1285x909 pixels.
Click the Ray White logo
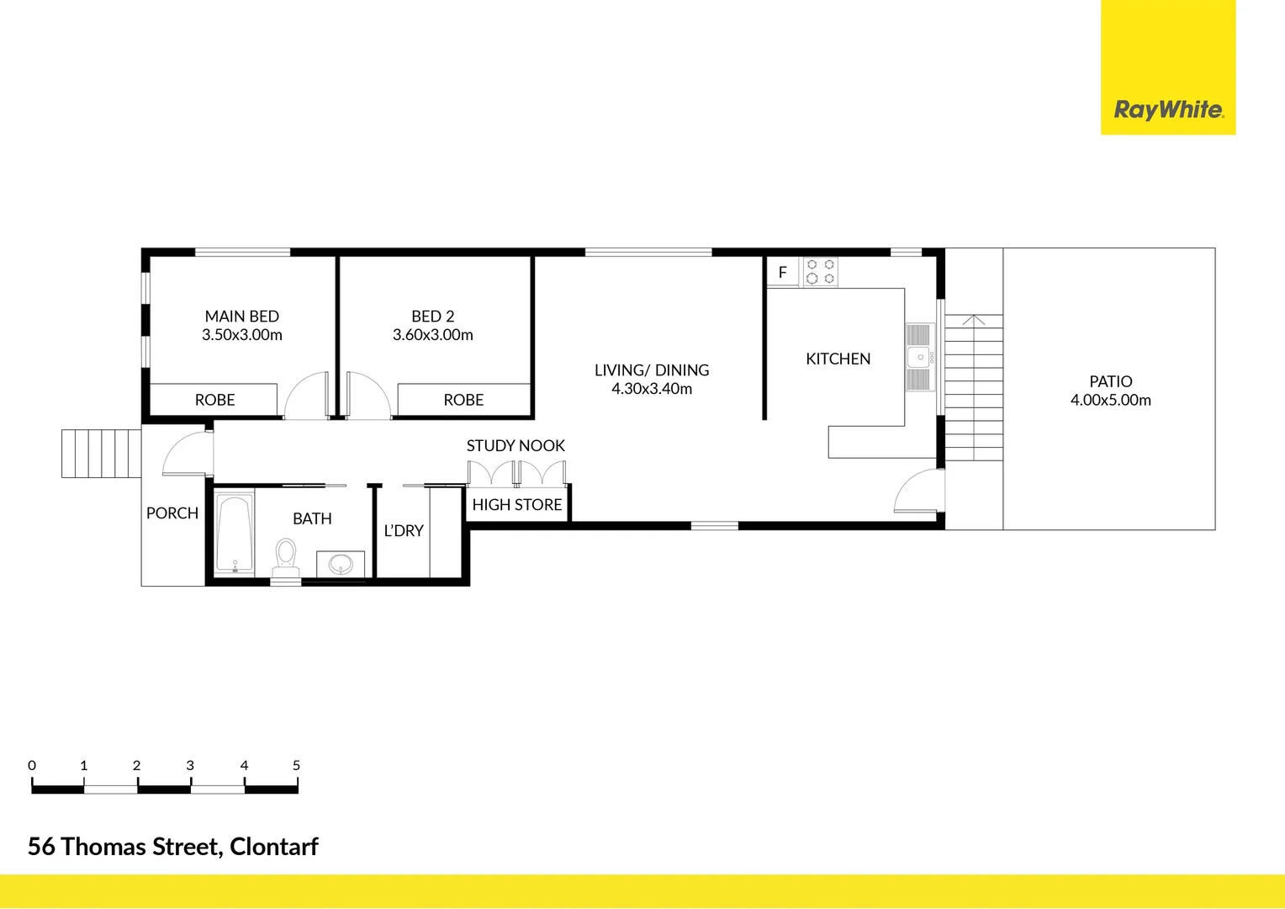click(1168, 110)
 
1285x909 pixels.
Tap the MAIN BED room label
click(241, 316)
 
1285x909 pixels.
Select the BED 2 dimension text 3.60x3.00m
click(432, 335)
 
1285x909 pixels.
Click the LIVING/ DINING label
click(652, 370)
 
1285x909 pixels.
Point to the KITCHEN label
click(838, 359)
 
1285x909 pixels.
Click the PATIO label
click(1110, 382)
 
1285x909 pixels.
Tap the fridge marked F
click(782, 273)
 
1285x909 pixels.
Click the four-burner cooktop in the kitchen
click(820, 272)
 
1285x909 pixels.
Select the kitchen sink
click(920, 357)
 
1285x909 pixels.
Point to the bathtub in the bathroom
click(235, 534)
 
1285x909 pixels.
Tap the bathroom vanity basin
click(341, 563)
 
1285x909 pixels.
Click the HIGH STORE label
click(516, 505)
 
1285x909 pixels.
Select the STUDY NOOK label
click(516, 446)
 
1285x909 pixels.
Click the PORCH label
click(172, 513)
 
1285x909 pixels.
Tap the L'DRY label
click(404, 531)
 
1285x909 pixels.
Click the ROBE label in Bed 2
click(463, 401)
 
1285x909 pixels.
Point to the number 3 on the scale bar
click(190, 766)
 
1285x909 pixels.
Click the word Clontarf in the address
click(274, 847)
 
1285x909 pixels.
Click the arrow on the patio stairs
click(973, 320)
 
